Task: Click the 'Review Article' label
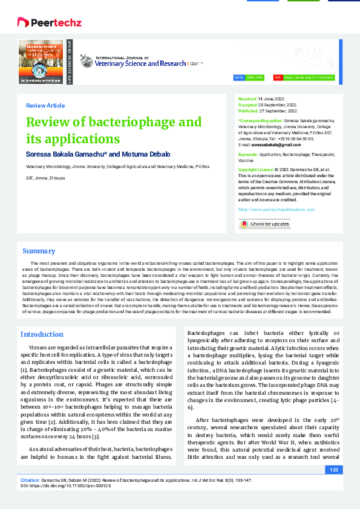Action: [x=45, y=106]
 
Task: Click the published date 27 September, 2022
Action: [x=278, y=111]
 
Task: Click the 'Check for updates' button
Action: [x=264, y=224]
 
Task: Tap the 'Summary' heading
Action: [x=39, y=251]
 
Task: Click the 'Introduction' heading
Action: [x=42, y=334]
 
